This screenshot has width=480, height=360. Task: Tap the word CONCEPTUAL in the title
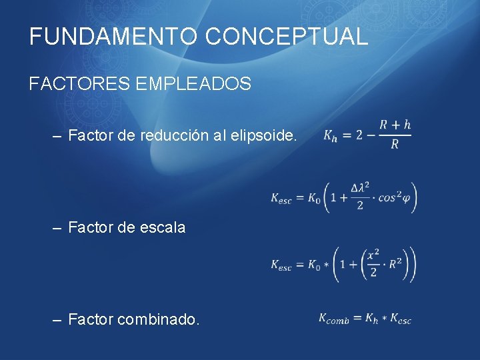pyautogui.click(x=287, y=36)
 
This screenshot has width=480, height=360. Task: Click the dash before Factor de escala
pyautogui.click(x=58, y=227)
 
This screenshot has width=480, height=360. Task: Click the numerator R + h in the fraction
pyautogui.click(x=395, y=125)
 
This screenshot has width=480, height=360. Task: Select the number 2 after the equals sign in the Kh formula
pyautogui.click(x=359, y=135)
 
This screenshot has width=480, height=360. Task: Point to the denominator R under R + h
pyautogui.click(x=394, y=145)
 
